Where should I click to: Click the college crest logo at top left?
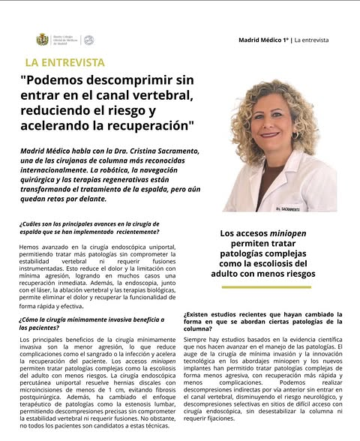click(x=43, y=39)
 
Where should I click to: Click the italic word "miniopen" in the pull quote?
click(x=288, y=233)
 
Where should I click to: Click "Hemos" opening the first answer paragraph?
click(x=28, y=247)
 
